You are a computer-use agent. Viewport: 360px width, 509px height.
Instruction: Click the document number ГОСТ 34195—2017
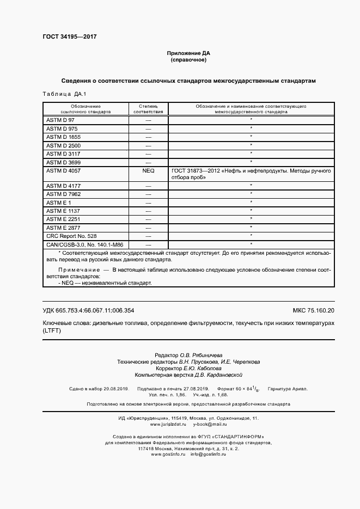click(x=69, y=37)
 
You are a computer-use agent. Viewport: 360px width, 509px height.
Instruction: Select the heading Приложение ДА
click(x=188, y=53)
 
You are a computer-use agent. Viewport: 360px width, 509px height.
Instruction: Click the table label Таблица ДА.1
click(x=60, y=94)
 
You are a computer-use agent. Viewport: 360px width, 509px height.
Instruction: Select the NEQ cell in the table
click(x=148, y=171)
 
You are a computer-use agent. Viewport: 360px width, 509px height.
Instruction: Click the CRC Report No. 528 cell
click(x=71, y=236)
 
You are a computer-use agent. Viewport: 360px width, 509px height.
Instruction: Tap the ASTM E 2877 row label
click(x=63, y=228)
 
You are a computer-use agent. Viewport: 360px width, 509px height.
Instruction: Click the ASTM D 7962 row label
click(x=63, y=194)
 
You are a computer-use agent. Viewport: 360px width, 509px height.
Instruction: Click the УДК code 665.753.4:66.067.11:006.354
click(x=88, y=310)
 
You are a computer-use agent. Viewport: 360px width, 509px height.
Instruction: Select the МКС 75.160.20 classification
click(x=313, y=310)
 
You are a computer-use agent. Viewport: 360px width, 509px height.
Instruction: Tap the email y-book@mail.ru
click(x=210, y=424)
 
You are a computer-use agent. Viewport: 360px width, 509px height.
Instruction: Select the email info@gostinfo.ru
click(x=208, y=454)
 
